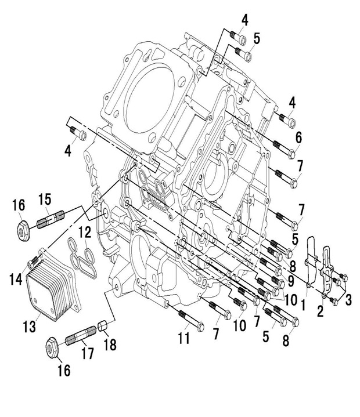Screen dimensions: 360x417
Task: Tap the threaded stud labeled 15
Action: (x=51, y=220)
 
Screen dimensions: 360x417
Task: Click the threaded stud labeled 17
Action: (x=81, y=335)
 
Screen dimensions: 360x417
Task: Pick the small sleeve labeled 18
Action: (x=103, y=326)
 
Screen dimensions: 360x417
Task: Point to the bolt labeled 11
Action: (x=191, y=320)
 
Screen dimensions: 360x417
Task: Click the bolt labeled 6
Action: (x=285, y=149)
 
